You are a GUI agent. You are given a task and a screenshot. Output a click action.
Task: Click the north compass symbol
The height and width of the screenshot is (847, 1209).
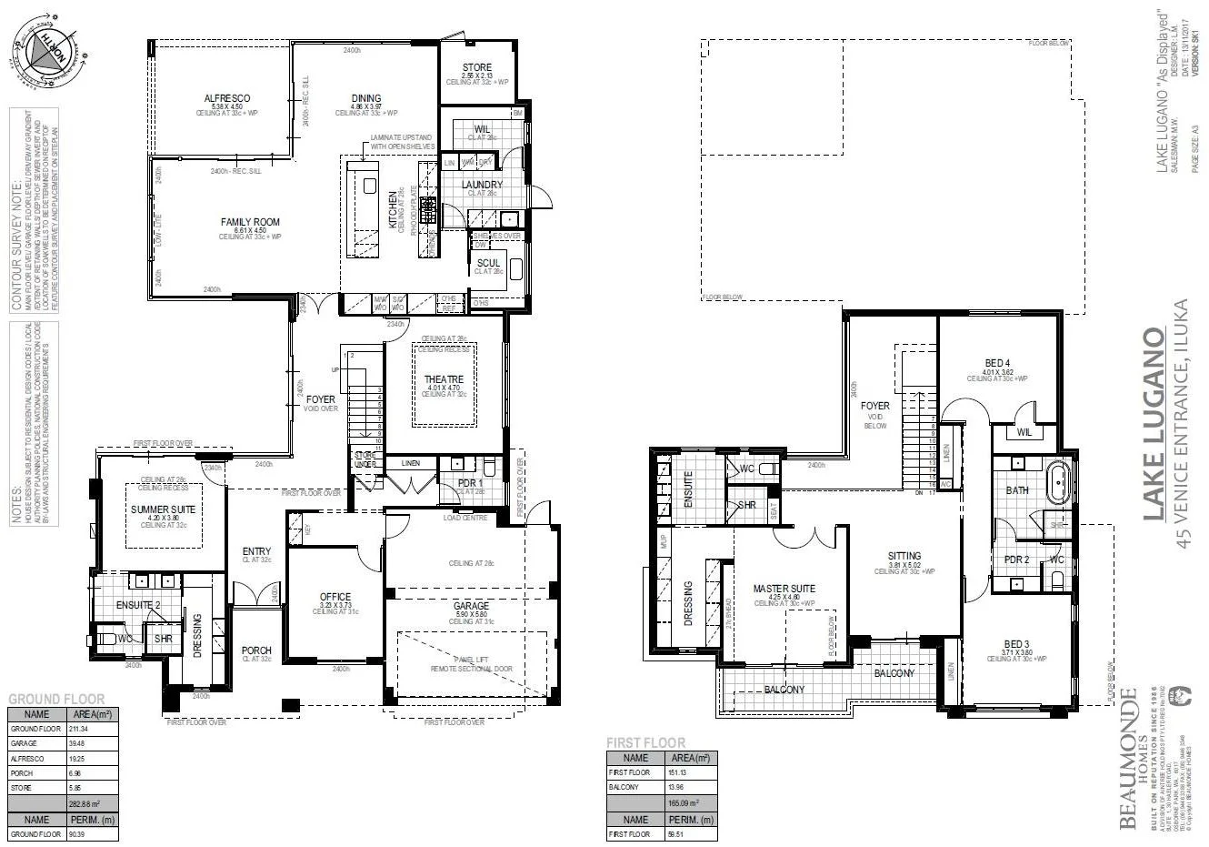[41, 53]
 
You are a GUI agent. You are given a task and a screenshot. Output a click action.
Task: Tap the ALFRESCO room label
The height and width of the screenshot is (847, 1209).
[227, 98]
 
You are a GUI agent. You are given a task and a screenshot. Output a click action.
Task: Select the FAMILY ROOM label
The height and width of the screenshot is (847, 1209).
[250, 222]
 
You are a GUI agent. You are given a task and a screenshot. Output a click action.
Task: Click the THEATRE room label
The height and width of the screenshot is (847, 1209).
[444, 379]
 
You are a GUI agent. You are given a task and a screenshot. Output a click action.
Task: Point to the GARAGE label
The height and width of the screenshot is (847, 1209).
[471, 605]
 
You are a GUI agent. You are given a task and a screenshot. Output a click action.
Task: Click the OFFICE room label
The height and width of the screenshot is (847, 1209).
[335, 597]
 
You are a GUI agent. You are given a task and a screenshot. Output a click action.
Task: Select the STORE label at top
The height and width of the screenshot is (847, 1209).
[476, 67]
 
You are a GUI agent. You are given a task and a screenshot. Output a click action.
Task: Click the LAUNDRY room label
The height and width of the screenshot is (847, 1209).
[483, 185]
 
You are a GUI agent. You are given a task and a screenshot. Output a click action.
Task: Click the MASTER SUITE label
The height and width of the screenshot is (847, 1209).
[784, 589]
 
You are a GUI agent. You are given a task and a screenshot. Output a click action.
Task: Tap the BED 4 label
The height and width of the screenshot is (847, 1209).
[997, 361]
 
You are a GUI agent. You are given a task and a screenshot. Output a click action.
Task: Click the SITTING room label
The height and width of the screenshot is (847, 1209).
[904, 556]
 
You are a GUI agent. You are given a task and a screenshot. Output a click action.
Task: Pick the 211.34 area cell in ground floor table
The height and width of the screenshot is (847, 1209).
[82, 730]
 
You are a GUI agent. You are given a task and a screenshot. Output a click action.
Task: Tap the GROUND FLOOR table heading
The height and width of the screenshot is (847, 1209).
[56, 699]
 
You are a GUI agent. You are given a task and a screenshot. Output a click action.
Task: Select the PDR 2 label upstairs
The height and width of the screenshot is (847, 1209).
[1016, 560]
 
